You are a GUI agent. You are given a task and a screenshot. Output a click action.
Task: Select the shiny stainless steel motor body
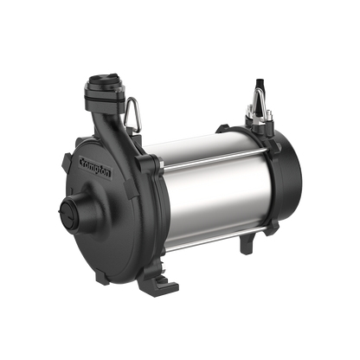point(199,190)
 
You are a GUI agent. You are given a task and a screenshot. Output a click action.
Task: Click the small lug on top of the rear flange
point(228,131)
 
